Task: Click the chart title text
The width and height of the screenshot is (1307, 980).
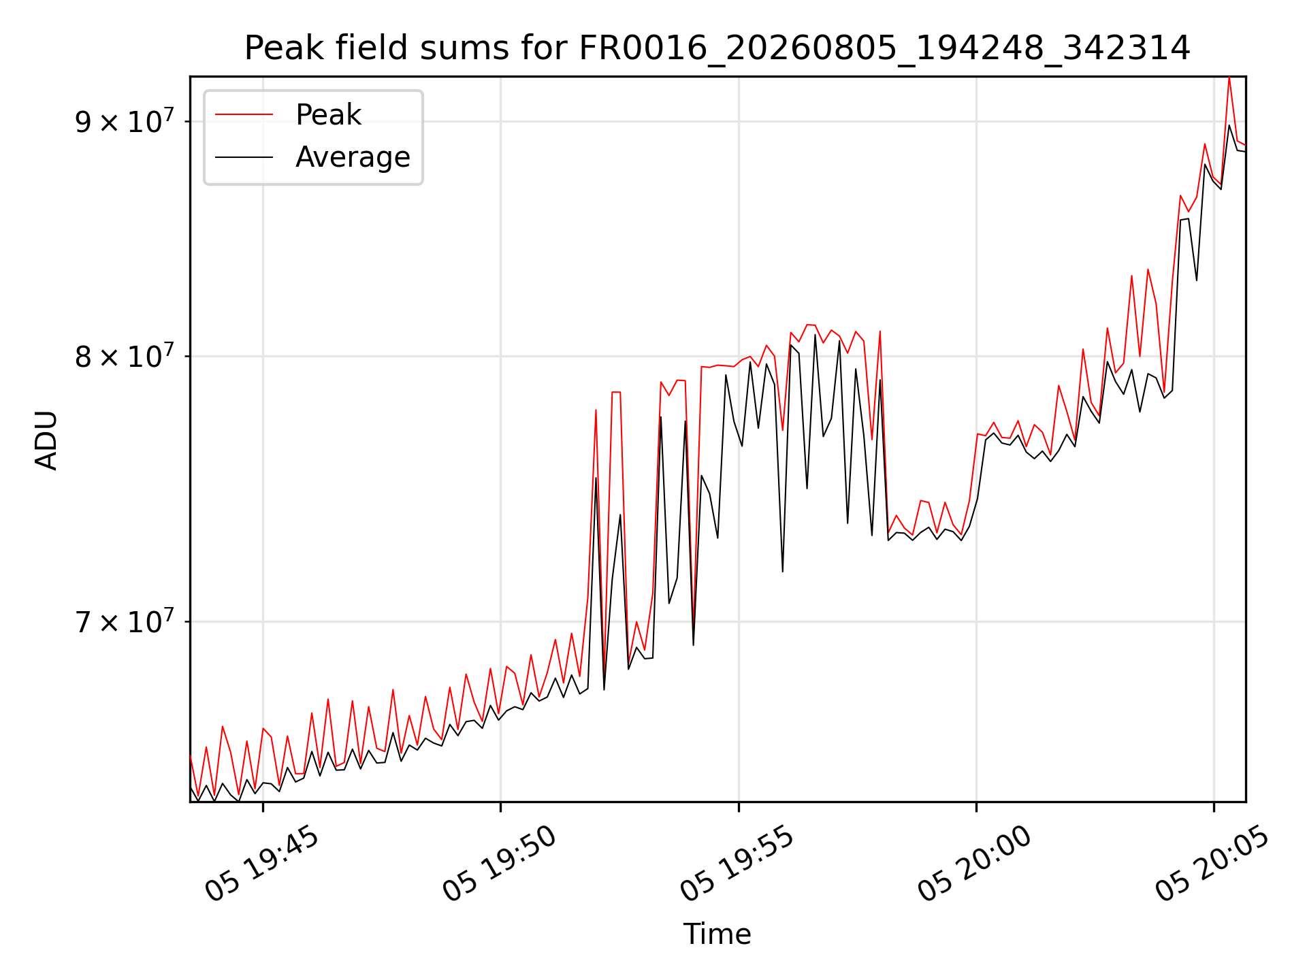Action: [717, 48]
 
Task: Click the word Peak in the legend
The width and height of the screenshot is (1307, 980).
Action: [328, 115]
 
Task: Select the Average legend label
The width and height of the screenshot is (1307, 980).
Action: [353, 157]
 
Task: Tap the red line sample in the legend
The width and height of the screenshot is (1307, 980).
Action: [244, 115]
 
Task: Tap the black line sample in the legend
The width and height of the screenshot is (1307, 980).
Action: [244, 157]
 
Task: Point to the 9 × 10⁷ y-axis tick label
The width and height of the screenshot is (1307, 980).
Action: [125, 120]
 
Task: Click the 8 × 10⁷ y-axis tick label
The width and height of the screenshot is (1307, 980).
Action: [125, 355]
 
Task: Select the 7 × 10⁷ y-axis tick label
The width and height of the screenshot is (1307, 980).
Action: [125, 620]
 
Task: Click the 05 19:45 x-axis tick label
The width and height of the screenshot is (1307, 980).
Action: [262, 864]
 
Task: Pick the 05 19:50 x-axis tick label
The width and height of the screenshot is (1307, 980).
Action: [500, 864]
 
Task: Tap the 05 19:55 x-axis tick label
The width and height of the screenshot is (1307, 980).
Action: [737, 864]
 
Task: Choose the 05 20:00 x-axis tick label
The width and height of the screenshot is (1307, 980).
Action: [975, 864]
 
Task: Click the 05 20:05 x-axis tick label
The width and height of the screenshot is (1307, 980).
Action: [1212, 864]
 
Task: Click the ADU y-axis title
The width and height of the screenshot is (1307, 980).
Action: [46, 440]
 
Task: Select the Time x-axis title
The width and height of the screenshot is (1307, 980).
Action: [717, 934]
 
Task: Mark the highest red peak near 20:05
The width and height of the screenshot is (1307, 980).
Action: [1229, 78]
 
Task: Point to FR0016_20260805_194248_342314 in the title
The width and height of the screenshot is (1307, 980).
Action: [884, 49]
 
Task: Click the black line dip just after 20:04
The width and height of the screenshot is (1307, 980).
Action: [1197, 280]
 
